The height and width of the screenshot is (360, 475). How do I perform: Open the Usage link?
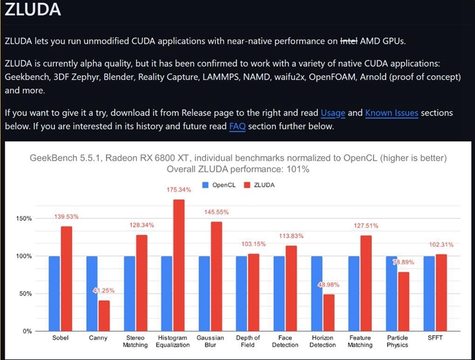pyautogui.click(x=333, y=113)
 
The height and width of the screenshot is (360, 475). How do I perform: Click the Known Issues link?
pyautogui.click(x=391, y=113)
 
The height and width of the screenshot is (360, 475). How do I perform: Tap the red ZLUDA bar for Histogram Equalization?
pyautogui.click(x=179, y=265)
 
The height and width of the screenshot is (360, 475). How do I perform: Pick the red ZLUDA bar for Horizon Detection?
pyautogui.click(x=328, y=313)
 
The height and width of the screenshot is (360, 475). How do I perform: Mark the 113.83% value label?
pyautogui.click(x=291, y=236)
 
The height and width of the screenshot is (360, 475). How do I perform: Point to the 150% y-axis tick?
pyautogui.click(x=23, y=219)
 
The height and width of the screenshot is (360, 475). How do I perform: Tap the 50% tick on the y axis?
pyautogui.click(x=24, y=294)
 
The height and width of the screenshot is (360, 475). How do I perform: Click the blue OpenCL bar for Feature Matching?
pyautogui.click(x=353, y=294)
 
